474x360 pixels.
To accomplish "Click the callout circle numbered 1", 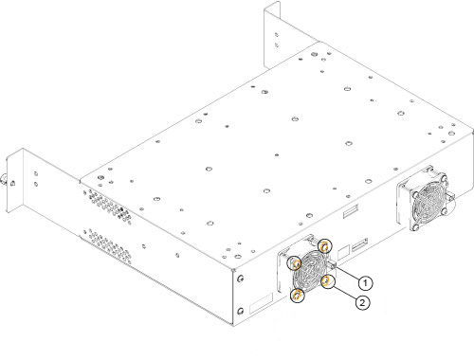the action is [x=365, y=282].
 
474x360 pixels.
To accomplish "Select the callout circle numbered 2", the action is [x=362, y=302].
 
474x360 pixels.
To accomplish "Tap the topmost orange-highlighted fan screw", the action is [x=324, y=245].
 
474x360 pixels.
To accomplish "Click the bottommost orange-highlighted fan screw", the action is [x=297, y=296].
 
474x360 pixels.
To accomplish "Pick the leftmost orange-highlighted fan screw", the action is [x=295, y=263].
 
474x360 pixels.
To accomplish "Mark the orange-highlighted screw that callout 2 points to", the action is [x=327, y=281].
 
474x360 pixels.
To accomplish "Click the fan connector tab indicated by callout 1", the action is [x=333, y=264].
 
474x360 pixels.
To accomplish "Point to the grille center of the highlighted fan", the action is [x=311, y=271].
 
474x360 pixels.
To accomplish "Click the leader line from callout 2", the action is [x=345, y=292].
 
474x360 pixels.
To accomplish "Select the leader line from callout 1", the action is [x=349, y=274].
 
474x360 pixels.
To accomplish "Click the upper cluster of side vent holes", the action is [x=107, y=206].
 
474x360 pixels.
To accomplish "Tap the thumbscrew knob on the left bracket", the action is [x=4, y=179].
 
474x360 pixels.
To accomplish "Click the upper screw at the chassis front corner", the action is [x=241, y=279].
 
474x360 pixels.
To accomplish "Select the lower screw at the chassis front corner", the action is [x=240, y=311].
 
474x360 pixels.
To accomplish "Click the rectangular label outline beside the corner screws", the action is [x=261, y=303].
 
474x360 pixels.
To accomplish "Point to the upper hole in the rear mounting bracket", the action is [x=277, y=34].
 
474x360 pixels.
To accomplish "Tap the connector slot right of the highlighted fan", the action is [x=360, y=244].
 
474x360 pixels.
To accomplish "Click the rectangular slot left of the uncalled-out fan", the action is [x=351, y=211].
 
